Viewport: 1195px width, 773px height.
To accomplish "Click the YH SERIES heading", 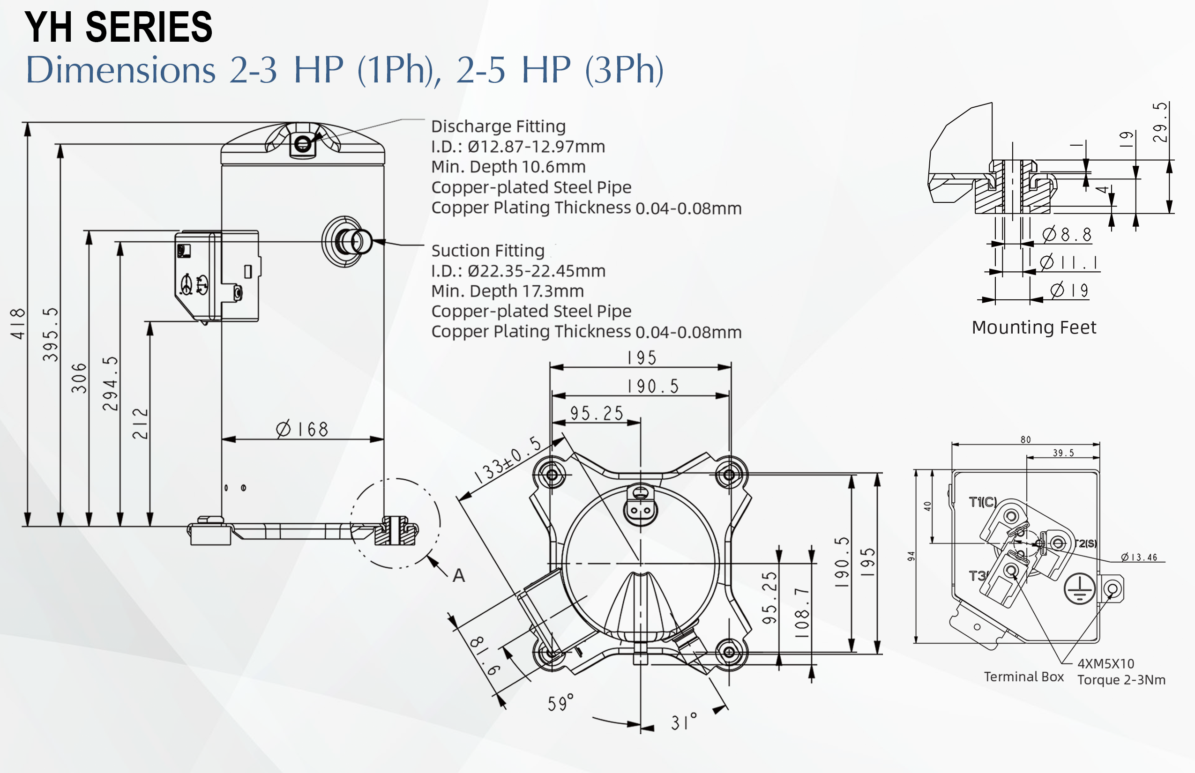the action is [119, 27].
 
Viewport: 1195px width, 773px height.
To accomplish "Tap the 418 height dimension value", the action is [18, 324].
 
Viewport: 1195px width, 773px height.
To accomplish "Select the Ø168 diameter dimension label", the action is [302, 430].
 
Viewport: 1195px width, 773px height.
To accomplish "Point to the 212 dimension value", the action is [140, 424].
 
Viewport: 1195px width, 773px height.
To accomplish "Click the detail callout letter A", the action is [458, 576].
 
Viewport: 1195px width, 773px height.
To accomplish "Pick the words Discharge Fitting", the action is [498, 126].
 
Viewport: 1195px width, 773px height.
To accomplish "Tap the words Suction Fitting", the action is [487, 251].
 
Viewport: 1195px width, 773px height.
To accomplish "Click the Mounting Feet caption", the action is [1034, 327].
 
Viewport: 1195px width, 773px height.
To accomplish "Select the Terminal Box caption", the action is [1024, 676].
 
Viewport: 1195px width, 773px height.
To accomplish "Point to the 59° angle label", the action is [560, 703].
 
